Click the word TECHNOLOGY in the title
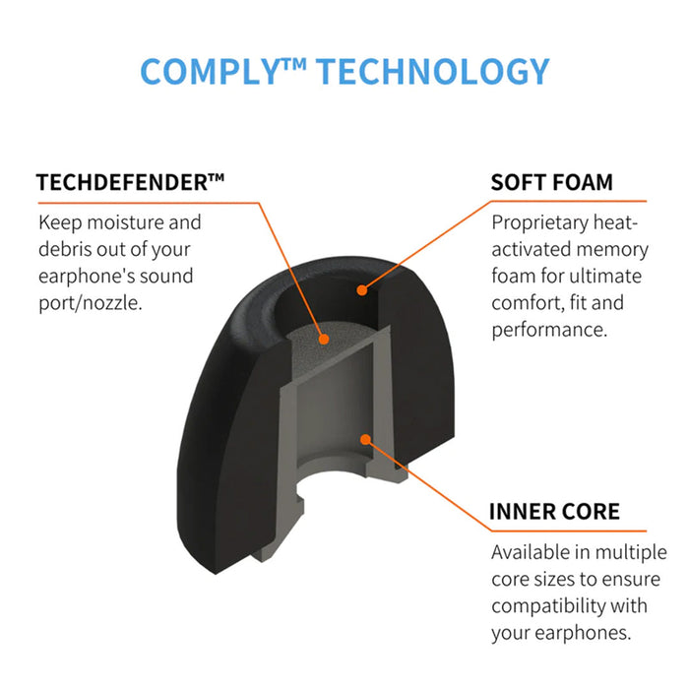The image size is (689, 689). pyautogui.click(x=433, y=71)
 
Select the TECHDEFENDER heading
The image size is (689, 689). pyautogui.click(x=130, y=182)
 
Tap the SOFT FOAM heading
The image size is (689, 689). pyautogui.click(x=551, y=182)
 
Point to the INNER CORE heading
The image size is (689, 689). pyautogui.click(x=554, y=512)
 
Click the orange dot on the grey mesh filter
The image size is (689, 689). pyautogui.click(x=324, y=339)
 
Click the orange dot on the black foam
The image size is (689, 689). pyautogui.click(x=362, y=290)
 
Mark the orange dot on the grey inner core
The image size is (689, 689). pyautogui.click(x=365, y=439)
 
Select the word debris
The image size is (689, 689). pyautogui.click(x=65, y=249)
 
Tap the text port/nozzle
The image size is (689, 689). pyautogui.click(x=91, y=303)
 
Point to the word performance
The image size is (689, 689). pyautogui.click(x=549, y=331)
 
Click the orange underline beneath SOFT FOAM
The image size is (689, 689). pyautogui.click(x=569, y=201)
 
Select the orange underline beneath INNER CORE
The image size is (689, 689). pyautogui.click(x=569, y=531)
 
